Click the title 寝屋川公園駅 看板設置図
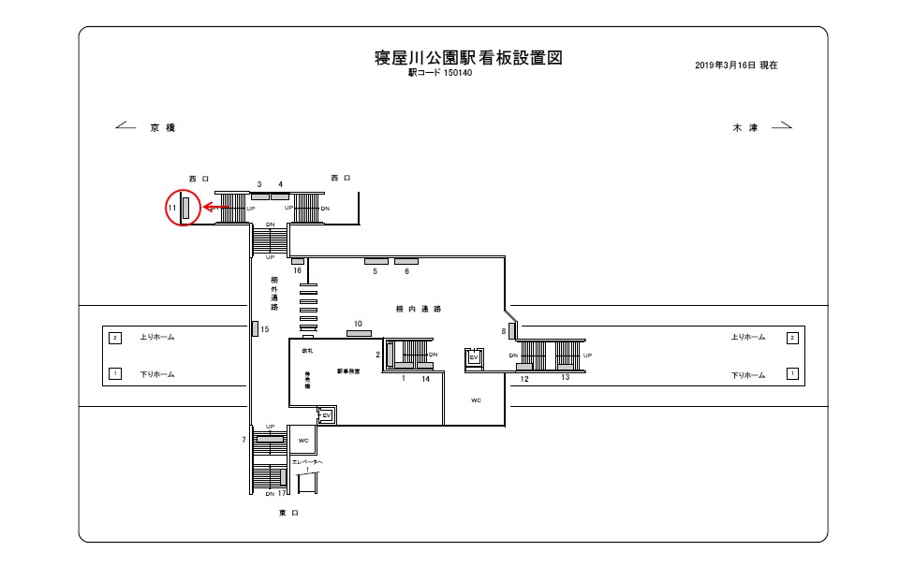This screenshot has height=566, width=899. point(467,58)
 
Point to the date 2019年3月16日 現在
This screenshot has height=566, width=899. point(736,66)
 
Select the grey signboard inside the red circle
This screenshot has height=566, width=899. point(186,208)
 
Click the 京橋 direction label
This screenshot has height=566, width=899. point(162,127)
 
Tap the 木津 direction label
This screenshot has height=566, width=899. point(744,127)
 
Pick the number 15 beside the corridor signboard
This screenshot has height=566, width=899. point(265,329)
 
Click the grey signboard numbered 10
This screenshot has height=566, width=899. point(359,333)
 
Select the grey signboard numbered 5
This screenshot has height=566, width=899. point(376,260)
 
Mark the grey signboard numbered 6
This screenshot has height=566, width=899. point(406,260)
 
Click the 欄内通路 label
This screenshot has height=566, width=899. point(419,308)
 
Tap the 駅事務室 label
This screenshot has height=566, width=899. point(348,372)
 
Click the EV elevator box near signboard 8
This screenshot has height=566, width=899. point(474,356)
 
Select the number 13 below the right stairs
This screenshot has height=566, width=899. point(566,378)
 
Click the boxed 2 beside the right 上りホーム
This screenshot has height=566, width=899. point(792,337)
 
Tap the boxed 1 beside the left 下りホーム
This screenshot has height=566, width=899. point(115,374)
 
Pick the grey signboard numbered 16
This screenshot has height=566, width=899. point(297,260)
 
